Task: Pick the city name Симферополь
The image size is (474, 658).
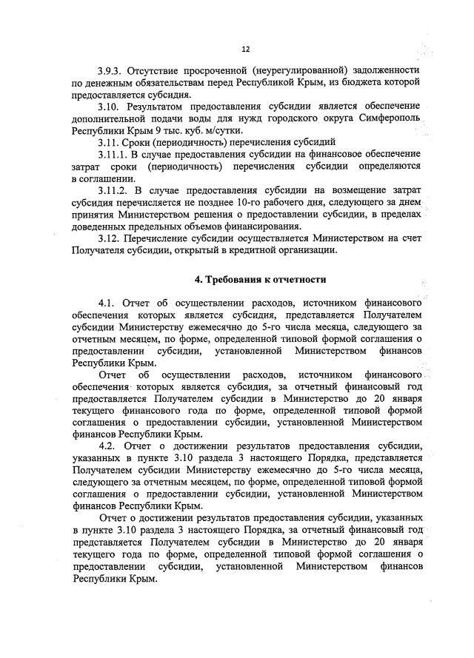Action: tap(386, 118)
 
